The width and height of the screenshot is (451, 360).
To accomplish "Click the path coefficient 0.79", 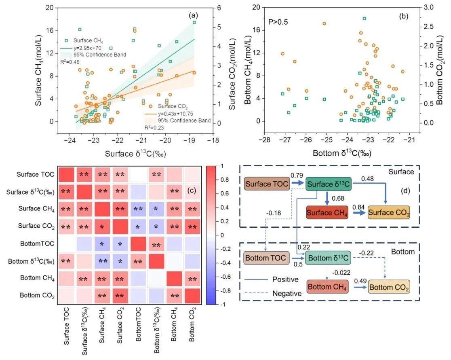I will click(297, 177).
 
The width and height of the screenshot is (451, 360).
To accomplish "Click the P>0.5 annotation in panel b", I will click(279, 20).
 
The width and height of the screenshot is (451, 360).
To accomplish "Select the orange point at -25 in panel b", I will click(324, 23).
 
